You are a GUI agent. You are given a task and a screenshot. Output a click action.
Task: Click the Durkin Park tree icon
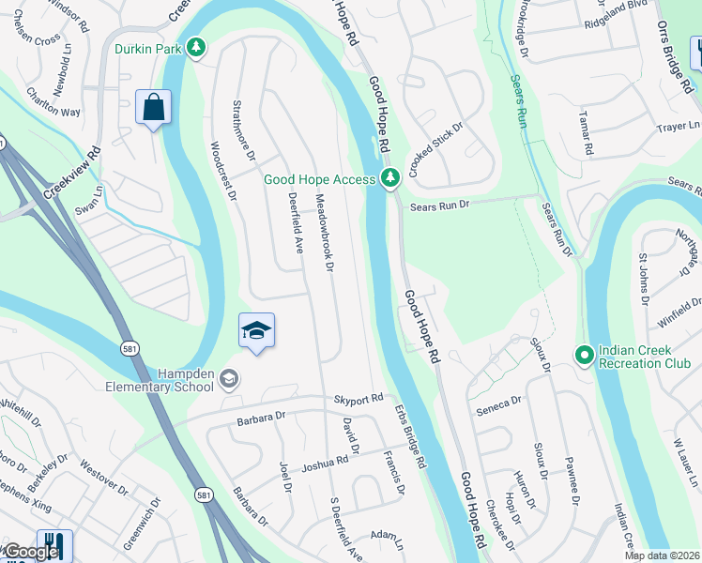tap(195, 47)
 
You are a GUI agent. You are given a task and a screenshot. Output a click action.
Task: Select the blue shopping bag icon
tap(153, 107)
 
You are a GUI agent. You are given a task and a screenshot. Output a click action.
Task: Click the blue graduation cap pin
tap(256, 331)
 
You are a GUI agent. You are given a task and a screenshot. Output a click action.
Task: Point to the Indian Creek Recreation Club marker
tap(584, 355)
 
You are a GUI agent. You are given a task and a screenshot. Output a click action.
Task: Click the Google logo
tap(30, 552)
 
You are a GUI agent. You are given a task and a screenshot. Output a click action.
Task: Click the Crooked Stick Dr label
tap(436, 144)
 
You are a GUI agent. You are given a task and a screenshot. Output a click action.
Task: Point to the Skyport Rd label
tap(359, 399)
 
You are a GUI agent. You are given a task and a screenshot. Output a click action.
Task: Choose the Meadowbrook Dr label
tap(324, 234)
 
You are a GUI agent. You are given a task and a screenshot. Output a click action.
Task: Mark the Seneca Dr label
tap(498, 403)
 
